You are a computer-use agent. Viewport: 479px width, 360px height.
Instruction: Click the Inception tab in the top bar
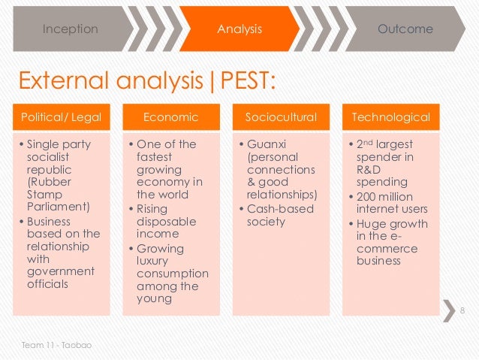click(70, 29)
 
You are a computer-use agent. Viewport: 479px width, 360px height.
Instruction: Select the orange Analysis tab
click(239, 29)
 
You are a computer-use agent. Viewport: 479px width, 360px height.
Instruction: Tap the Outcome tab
click(405, 29)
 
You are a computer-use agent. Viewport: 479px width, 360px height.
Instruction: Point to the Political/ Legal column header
click(61, 117)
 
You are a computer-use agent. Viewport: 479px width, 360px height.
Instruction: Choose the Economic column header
click(171, 117)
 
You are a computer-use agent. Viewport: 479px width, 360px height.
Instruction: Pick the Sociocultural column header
click(281, 117)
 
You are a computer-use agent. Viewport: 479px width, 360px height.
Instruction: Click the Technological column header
click(390, 117)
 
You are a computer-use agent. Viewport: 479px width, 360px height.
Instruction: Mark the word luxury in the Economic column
click(154, 261)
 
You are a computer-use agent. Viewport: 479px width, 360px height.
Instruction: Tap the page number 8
click(462, 311)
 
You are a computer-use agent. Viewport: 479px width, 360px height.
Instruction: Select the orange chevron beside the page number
click(448, 310)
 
